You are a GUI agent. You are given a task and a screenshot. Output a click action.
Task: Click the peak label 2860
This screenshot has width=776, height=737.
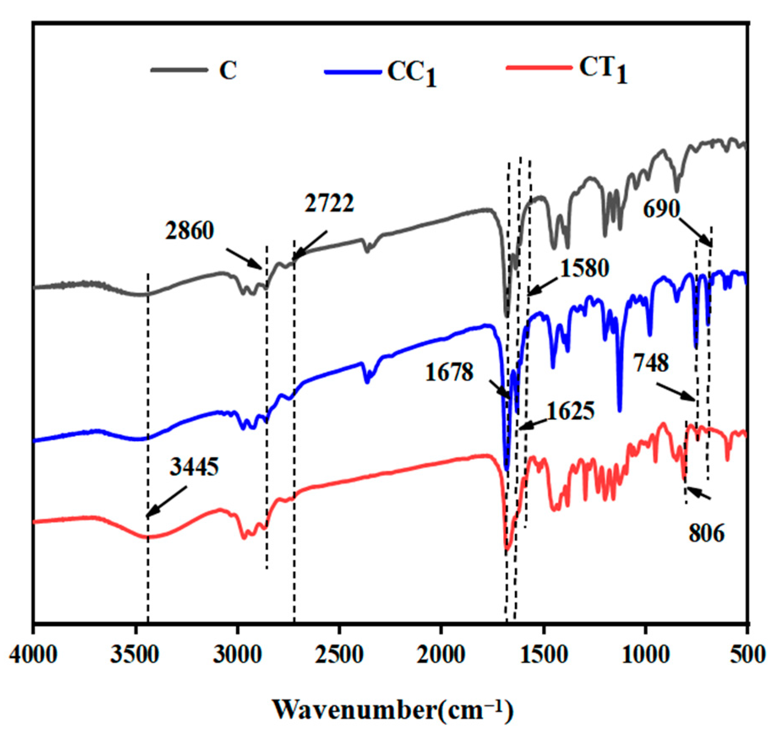click(x=189, y=231)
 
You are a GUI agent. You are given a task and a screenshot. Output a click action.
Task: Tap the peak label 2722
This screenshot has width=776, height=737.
click(x=329, y=204)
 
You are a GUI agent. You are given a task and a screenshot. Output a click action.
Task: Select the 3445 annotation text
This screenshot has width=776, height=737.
click(x=194, y=467)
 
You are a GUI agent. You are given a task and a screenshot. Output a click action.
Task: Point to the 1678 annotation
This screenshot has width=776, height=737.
click(x=449, y=373)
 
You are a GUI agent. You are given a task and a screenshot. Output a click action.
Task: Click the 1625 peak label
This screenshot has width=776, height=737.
click(x=571, y=411)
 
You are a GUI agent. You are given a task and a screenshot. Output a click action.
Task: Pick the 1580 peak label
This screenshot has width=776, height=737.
click(x=585, y=268)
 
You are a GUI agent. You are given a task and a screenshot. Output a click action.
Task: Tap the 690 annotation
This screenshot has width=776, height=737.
click(x=662, y=209)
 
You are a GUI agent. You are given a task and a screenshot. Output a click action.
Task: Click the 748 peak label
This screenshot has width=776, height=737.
click(x=651, y=363)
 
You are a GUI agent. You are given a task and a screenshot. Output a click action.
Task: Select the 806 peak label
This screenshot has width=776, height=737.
click(x=706, y=533)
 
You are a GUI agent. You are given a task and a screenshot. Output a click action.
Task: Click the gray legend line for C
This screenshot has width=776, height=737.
click(x=179, y=70)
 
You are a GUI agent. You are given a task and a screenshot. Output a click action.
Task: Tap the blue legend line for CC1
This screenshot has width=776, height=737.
click(x=353, y=72)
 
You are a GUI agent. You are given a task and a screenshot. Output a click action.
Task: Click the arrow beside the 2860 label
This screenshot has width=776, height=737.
click(x=244, y=259)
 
